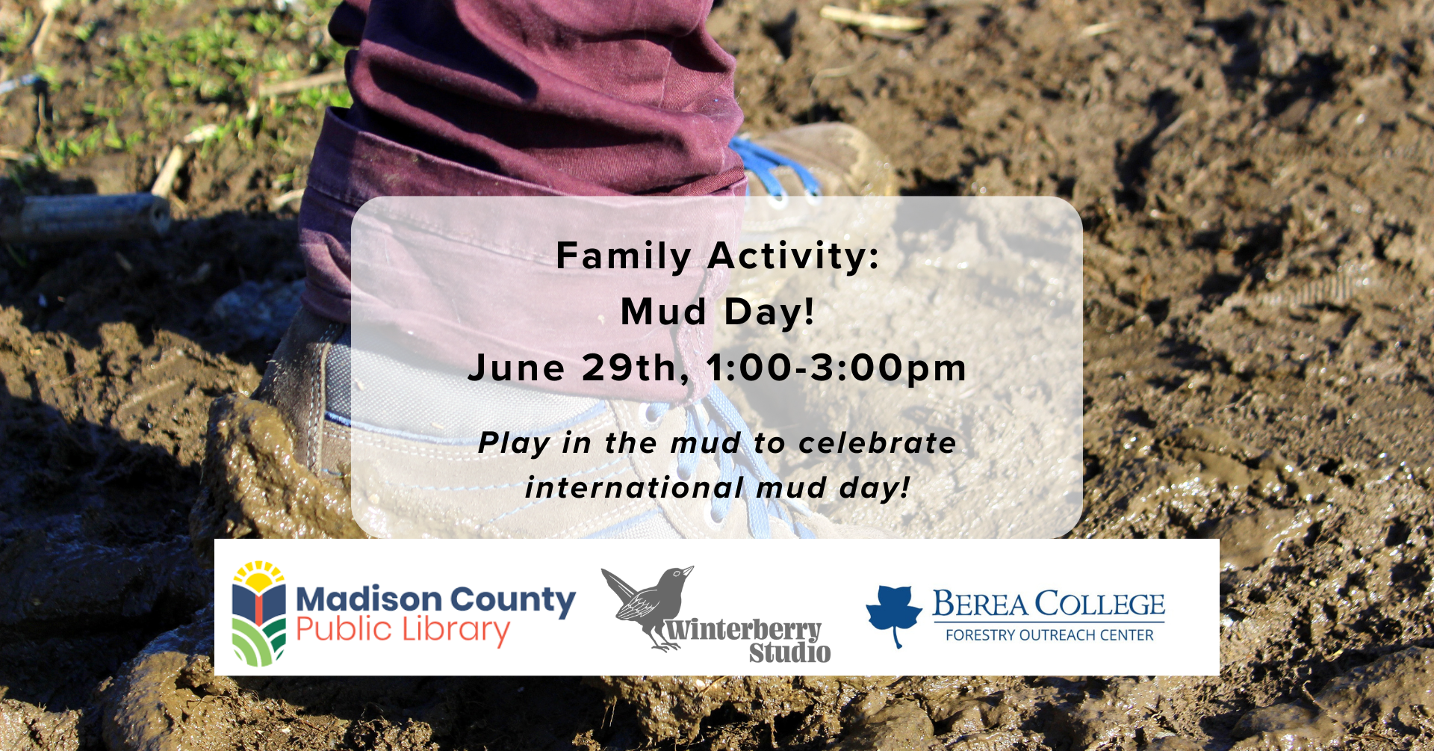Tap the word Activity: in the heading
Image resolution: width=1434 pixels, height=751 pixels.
(x=794, y=256)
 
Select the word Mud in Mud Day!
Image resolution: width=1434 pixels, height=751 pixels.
(x=663, y=312)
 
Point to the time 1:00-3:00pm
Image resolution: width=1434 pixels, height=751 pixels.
(x=836, y=368)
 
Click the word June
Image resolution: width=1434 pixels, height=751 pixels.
(x=516, y=368)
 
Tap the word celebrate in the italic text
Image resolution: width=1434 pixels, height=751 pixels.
(x=878, y=443)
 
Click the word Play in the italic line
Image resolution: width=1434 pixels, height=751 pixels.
(x=514, y=443)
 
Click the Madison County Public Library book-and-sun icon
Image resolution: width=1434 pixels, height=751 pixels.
(x=258, y=613)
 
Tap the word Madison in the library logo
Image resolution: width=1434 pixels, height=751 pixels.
(x=369, y=599)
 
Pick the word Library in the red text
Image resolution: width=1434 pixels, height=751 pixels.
(x=456, y=630)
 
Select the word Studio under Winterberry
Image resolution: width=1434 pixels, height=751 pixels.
(x=789, y=652)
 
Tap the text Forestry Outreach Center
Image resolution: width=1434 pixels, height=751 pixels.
(x=1049, y=635)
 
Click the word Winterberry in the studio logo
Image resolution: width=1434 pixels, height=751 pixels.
(x=743, y=630)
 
